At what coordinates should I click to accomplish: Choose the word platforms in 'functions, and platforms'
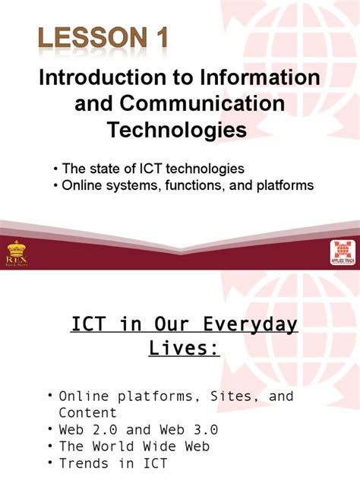click(277, 185)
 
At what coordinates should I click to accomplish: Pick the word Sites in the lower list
click(217, 396)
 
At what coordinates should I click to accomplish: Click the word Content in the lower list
click(88, 412)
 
